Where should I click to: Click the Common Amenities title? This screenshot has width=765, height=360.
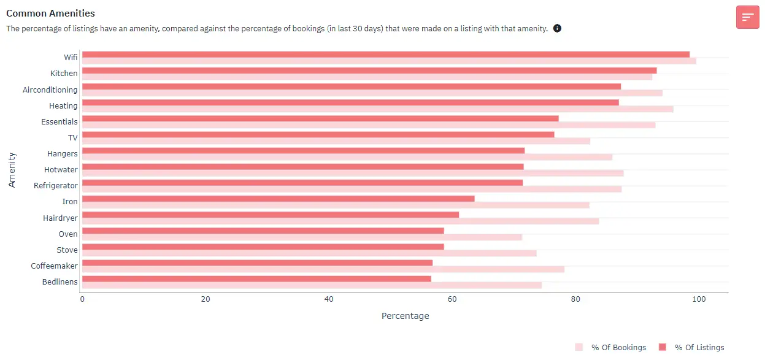pyautogui.click(x=50, y=13)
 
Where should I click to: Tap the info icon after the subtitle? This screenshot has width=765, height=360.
pyautogui.click(x=557, y=28)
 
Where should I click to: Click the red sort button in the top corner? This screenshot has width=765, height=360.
pyautogui.click(x=747, y=17)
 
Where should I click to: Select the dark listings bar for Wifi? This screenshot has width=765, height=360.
pyautogui.click(x=385, y=55)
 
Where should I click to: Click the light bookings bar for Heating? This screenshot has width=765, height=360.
pyautogui.click(x=377, y=109)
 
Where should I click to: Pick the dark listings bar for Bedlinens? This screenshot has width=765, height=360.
pyautogui.click(x=256, y=278)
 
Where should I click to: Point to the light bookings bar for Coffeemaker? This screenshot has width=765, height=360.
pyautogui.click(x=323, y=269)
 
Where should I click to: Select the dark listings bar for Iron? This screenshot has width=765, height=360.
pyautogui.click(x=278, y=199)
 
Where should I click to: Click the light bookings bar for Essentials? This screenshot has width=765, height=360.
pyautogui.click(x=368, y=125)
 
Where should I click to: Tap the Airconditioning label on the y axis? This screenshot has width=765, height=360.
pyautogui.click(x=50, y=90)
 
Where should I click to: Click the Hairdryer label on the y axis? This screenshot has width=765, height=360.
pyautogui.click(x=60, y=218)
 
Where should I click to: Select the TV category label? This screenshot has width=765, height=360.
pyautogui.click(x=72, y=137)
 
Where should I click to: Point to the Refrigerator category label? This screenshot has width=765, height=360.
pyautogui.click(x=56, y=185)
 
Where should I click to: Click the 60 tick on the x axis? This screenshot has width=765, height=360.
pyautogui.click(x=452, y=299)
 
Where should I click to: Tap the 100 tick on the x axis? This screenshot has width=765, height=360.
pyautogui.click(x=698, y=299)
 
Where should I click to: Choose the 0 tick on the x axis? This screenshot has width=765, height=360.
pyautogui.click(x=82, y=299)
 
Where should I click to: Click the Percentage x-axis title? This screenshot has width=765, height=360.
pyautogui.click(x=405, y=316)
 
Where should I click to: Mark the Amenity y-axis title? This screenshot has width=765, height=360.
pyautogui.click(x=12, y=169)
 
